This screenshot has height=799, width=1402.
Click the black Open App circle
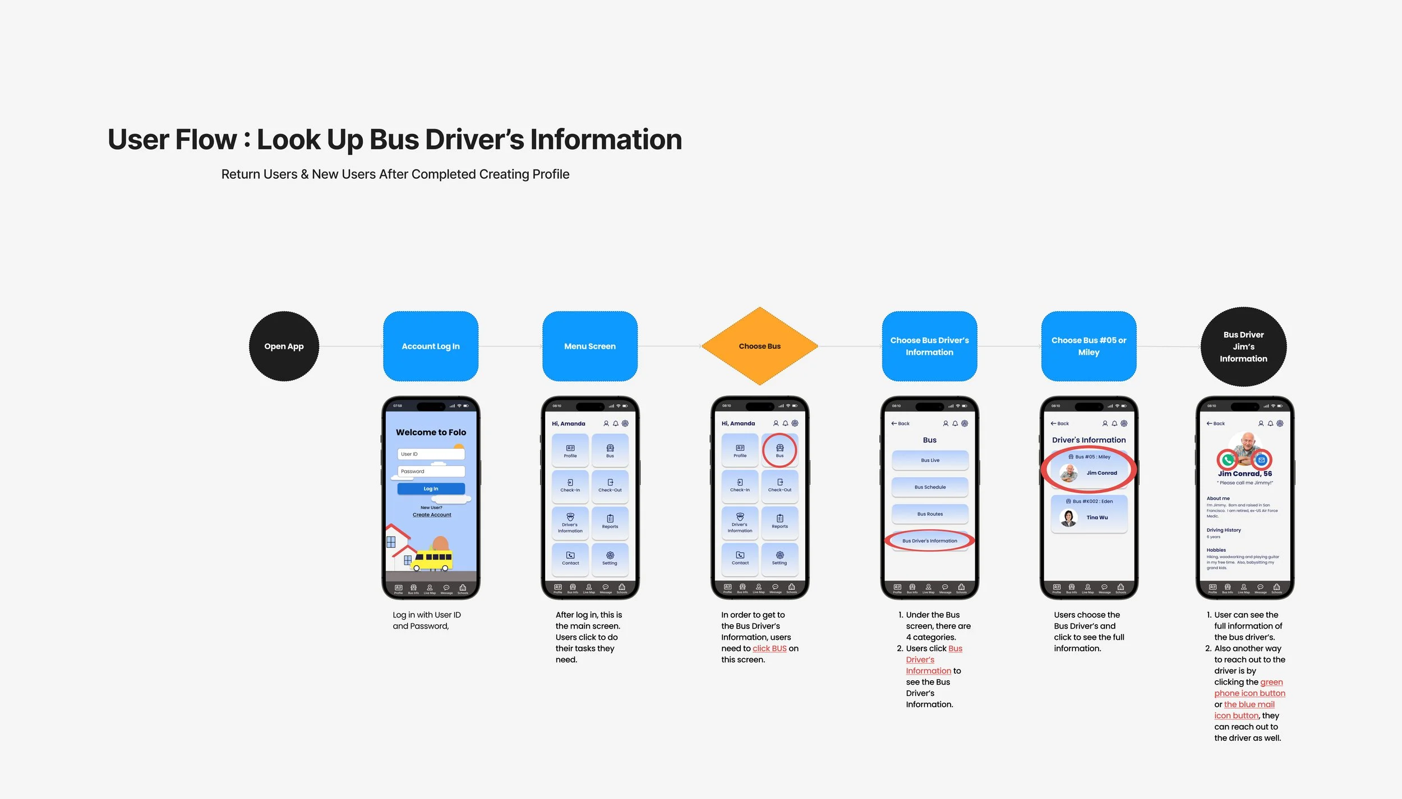tap(284, 346)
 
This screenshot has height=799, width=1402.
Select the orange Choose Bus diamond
tap(759, 346)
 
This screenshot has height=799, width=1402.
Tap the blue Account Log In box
tap(431, 346)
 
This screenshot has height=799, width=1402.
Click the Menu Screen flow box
tap(589, 346)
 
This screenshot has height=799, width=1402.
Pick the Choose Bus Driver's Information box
tap(929, 346)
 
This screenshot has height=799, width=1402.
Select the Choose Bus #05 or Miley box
tap(1089, 346)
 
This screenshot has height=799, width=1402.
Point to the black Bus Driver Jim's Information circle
tap(1243, 347)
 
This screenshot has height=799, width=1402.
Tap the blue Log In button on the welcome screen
tap(431, 488)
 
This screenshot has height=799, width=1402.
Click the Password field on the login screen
tap(431, 471)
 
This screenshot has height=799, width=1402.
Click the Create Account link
tap(432, 515)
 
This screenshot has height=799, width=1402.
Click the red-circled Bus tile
tap(780, 450)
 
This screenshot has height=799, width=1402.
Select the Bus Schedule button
tap(930, 487)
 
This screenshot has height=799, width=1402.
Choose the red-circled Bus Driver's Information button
tap(930, 541)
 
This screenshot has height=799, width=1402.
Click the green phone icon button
tap(1228, 460)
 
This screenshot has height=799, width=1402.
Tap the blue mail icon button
tap(1262, 460)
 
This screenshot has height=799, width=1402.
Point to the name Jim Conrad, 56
tap(1245, 474)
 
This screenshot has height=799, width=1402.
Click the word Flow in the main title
tap(206, 140)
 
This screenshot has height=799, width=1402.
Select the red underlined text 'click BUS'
tap(769, 648)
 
